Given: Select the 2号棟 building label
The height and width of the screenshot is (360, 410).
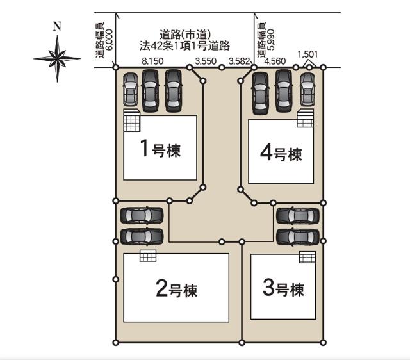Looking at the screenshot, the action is (177, 288).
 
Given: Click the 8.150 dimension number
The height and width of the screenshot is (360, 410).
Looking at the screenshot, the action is (152, 61).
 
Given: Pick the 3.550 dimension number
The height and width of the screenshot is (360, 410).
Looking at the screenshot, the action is (206, 61).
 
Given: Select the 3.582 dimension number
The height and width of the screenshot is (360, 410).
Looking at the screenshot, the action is (239, 61).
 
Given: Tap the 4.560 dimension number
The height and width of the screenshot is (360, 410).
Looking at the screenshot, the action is (275, 61).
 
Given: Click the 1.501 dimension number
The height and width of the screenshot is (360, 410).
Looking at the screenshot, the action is (307, 54).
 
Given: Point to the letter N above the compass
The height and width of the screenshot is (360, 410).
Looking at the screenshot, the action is (57, 26).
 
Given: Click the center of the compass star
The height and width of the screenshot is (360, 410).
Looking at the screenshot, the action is (57, 58).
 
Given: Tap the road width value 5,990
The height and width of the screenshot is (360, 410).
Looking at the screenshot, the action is (272, 40).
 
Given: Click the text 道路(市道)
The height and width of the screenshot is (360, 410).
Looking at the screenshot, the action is (185, 35).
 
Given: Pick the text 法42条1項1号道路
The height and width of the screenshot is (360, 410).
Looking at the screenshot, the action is (184, 45).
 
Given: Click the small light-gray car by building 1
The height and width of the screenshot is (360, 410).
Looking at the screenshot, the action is (130, 89).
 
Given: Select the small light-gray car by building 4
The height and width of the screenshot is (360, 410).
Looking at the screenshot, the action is (307, 89).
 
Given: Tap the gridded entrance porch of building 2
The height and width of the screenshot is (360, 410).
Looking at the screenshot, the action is (148, 256).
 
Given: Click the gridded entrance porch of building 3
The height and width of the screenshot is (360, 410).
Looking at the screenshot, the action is (307, 257).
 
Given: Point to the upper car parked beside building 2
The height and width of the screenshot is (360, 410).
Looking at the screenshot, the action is (142, 215).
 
